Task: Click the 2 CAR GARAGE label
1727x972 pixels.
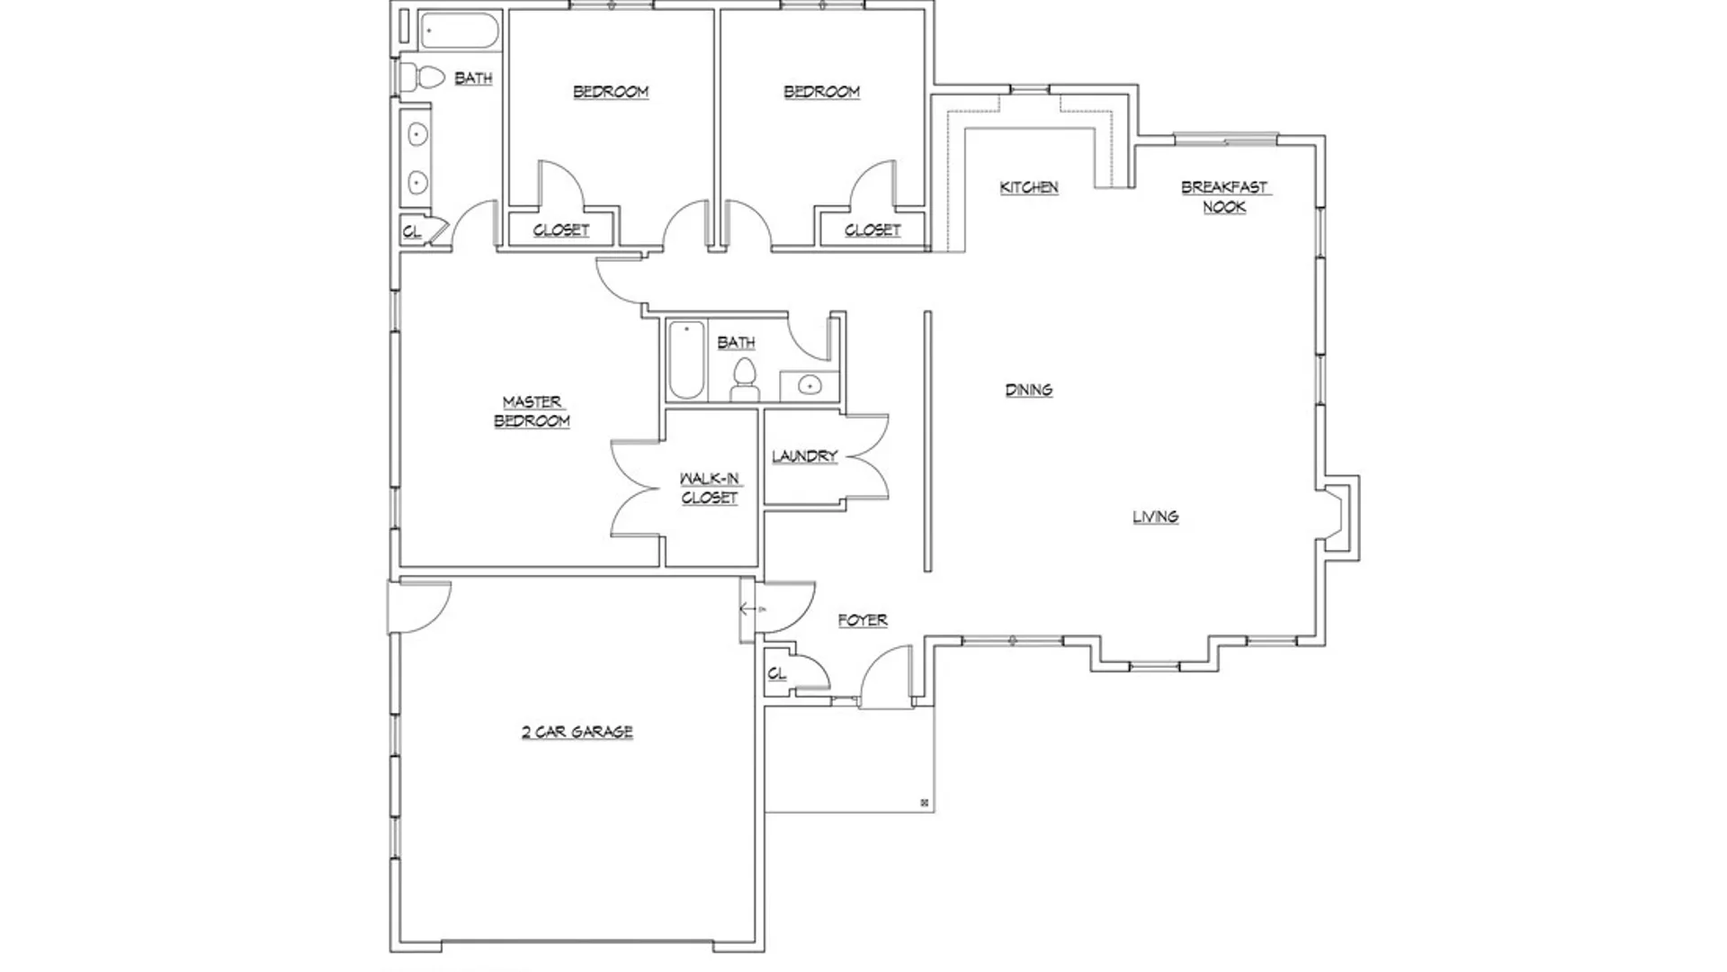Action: pyautogui.click(x=577, y=732)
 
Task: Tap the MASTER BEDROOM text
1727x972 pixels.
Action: pyautogui.click(x=532, y=411)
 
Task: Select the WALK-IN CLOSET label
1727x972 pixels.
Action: pyautogui.click(x=710, y=488)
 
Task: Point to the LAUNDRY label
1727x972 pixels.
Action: pyautogui.click(x=804, y=456)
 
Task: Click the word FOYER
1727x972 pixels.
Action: pyautogui.click(x=863, y=620)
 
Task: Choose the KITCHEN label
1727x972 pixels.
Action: pyautogui.click(x=1029, y=187)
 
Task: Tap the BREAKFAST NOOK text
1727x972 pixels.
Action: pyautogui.click(x=1224, y=196)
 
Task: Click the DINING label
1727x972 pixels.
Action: pyautogui.click(x=1029, y=390)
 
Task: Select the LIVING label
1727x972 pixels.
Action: pyautogui.click(x=1155, y=517)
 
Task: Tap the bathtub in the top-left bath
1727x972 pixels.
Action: pyautogui.click(x=459, y=30)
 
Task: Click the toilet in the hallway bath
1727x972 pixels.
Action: pyautogui.click(x=744, y=380)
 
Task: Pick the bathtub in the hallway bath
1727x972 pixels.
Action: pyautogui.click(x=686, y=360)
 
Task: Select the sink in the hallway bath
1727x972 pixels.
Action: pyautogui.click(x=809, y=385)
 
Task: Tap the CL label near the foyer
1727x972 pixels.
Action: pyautogui.click(x=777, y=673)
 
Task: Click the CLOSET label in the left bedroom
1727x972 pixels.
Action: pyautogui.click(x=560, y=230)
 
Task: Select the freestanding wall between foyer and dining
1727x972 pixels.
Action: pyautogui.click(x=927, y=441)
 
